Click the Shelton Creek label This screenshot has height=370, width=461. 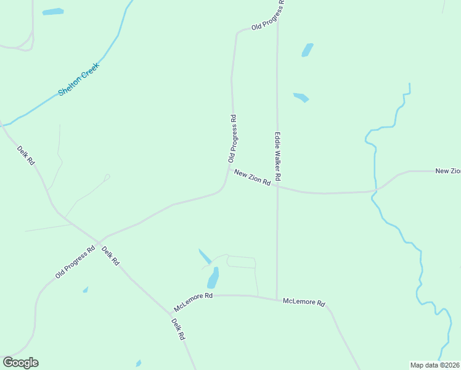point(79,79)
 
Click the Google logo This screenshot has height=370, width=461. point(20,363)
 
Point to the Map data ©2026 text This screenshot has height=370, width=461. point(435,364)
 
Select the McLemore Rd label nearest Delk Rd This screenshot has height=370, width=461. point(193,302)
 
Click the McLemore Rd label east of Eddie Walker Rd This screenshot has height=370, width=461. point(303,302)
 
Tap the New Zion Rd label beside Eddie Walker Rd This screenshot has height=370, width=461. point(253,178)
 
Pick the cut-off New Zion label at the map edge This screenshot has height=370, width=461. point(448,171)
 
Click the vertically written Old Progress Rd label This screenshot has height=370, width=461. point(233,139)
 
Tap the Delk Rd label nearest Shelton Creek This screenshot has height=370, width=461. point(26,155)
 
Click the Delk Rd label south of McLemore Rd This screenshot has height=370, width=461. point(178,329)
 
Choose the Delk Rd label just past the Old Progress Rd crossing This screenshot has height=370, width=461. point(110,255)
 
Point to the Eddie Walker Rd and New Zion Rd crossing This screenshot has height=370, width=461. point(277,188)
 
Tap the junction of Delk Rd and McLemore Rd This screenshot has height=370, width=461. point(169,311)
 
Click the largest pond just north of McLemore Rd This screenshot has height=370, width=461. point(213,278)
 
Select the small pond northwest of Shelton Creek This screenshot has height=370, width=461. point(52,12)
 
